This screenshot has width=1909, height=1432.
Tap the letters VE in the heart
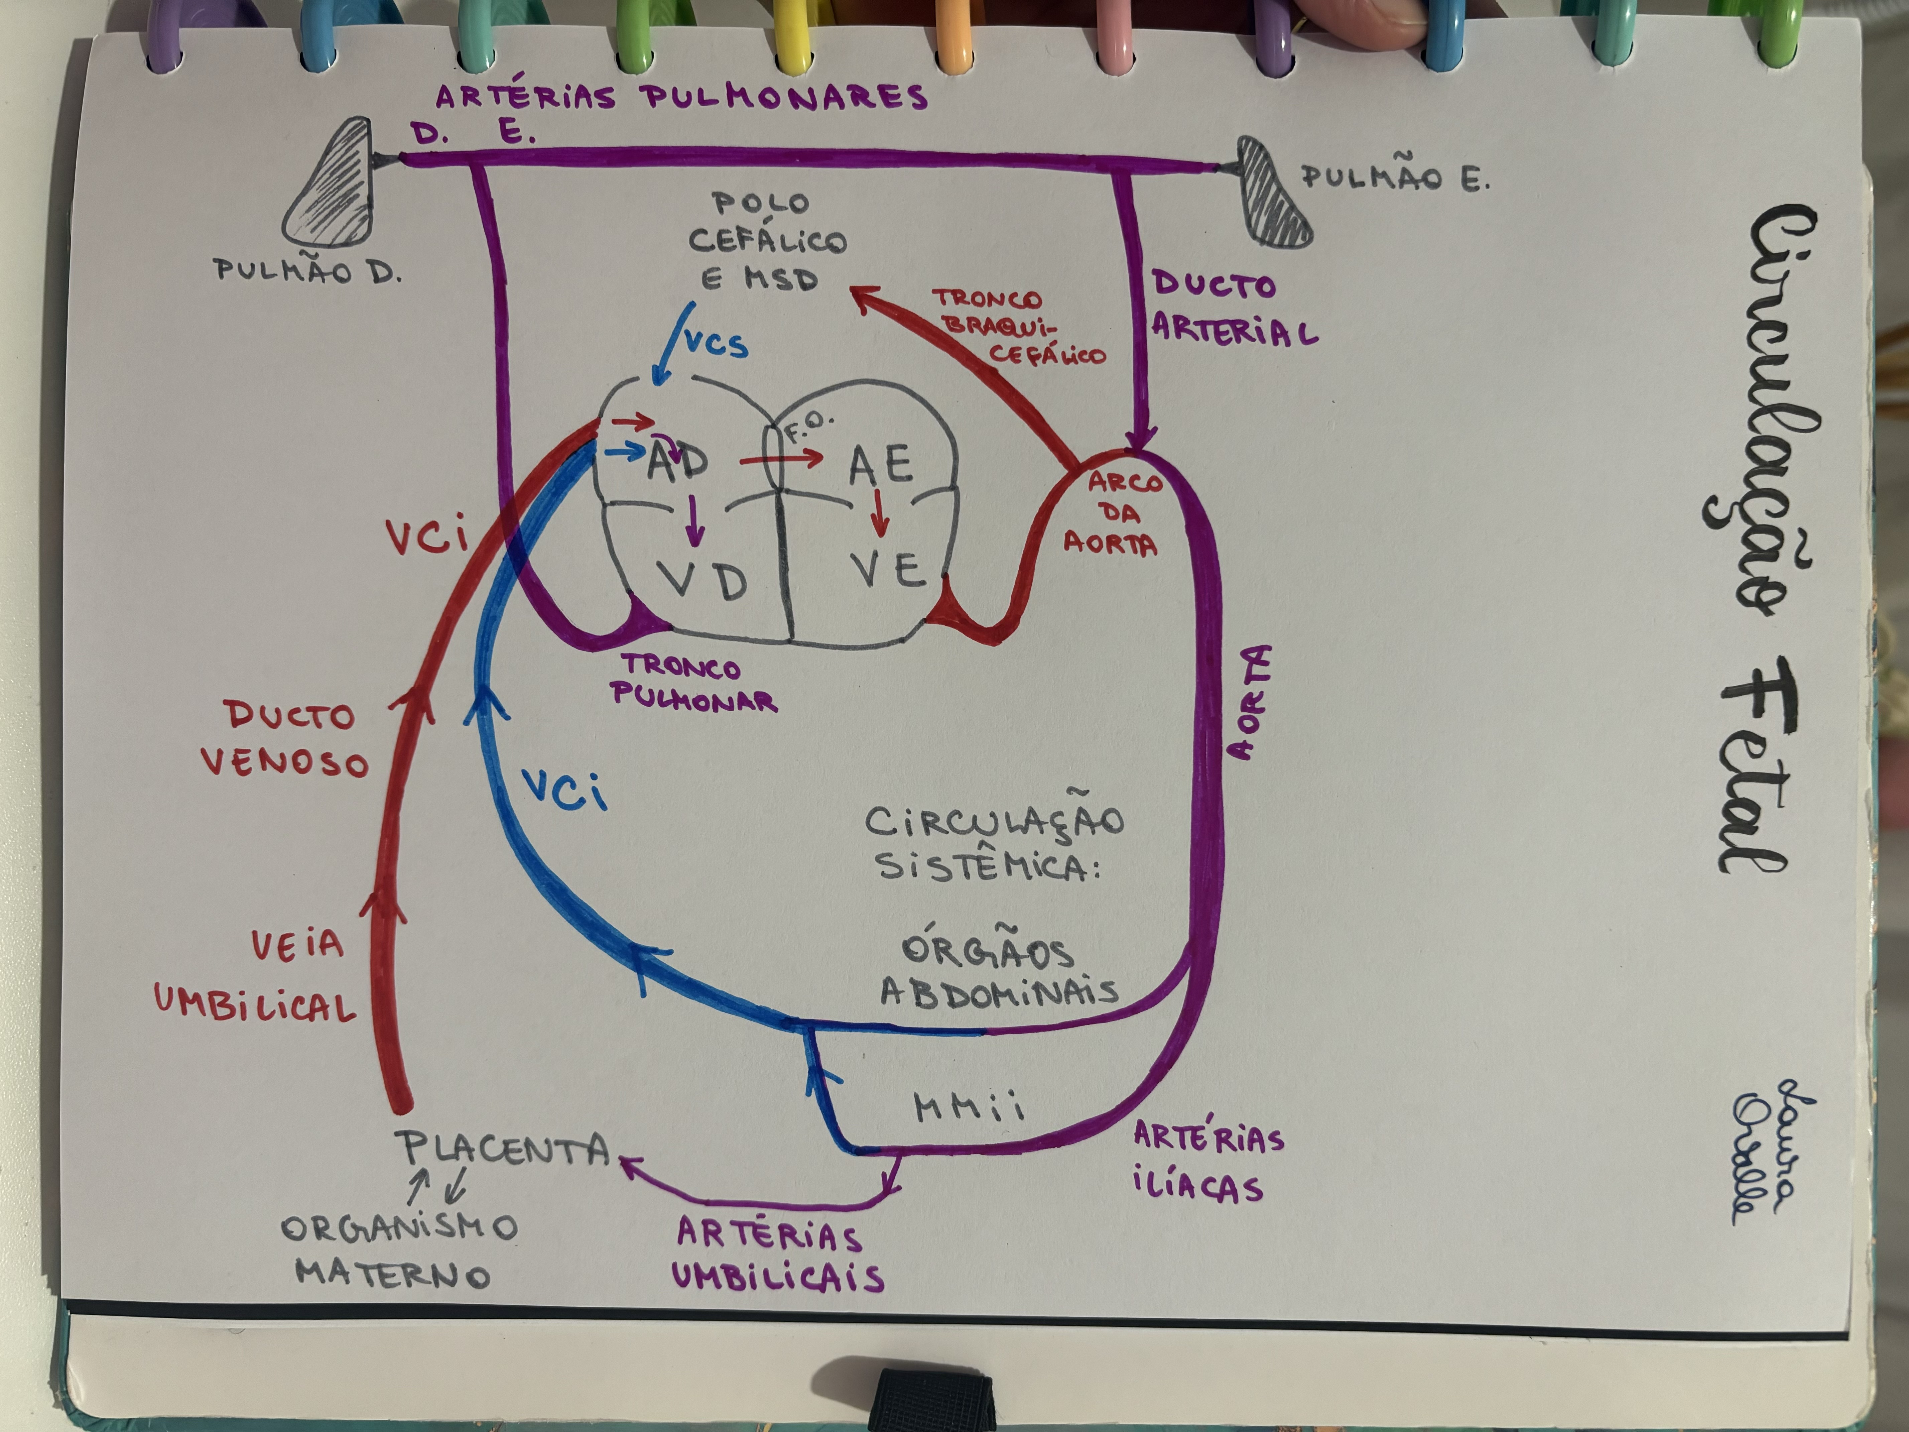(889, 570)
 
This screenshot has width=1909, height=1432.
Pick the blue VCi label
(565, 790)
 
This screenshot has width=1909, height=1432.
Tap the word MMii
(968, 1107)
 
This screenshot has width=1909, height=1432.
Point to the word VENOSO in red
(285, 762)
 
